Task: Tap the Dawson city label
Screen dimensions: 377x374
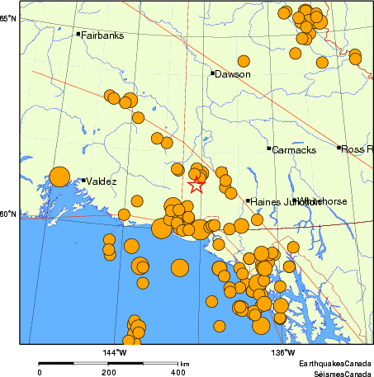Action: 233,74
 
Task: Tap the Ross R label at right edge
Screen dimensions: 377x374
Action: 357,148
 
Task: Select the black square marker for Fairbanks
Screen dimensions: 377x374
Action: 78,34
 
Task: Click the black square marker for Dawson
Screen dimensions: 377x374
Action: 212,73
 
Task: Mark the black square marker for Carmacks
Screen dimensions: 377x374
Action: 269,148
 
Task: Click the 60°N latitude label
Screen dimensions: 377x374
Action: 8,214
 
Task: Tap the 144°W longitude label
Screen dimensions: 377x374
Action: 114,353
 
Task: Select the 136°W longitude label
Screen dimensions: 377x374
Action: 285,353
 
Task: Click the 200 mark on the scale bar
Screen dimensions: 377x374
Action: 109,373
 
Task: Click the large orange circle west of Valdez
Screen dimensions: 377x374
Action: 59,176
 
